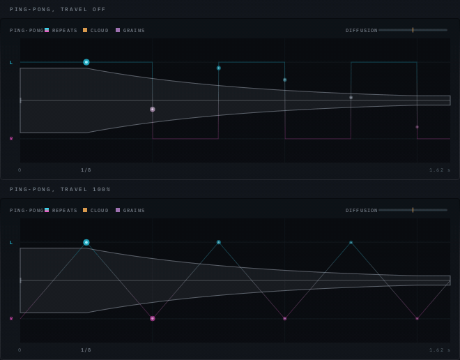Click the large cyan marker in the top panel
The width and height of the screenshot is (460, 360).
(86, 62)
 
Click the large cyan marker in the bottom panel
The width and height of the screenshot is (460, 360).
(86, 243)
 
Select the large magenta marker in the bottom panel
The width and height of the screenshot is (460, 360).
(152, 319)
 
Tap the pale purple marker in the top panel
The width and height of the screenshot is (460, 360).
(152, 110)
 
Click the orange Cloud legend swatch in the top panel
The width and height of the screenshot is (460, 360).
(85, 30)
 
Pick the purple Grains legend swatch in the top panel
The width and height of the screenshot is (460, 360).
(118, 30)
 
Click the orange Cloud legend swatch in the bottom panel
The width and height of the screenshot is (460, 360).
(85, 210)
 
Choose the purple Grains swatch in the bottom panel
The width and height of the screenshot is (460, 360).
(118, 210)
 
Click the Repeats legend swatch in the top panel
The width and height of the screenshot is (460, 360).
(47, 30)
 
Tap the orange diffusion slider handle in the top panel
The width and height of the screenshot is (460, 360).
(413, 30)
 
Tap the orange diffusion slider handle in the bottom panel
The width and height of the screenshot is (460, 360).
(413, 210)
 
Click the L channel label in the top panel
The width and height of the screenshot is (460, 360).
(11, 63)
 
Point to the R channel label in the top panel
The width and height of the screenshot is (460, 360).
(11, 139)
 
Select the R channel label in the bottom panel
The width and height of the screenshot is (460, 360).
(11, 319)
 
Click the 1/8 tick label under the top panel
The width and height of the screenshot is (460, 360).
(86, 170)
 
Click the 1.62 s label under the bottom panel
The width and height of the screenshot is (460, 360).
(440, 350)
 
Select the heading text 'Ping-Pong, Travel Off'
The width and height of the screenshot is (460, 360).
(57, 9)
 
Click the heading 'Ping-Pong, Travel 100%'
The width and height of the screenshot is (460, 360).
(60, 189)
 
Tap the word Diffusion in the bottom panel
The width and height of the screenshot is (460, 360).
(362, 210)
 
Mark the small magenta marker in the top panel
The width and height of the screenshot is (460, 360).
(417, 127)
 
